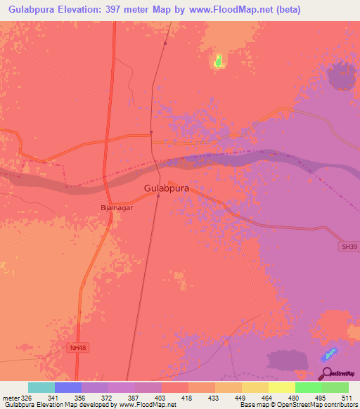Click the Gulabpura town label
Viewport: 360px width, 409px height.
click(x=167, y=188)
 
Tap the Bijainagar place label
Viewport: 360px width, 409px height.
click(x=117, y=208)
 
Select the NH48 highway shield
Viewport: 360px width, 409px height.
click(x=78, y=347)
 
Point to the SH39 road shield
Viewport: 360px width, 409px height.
click(x=347, y=247)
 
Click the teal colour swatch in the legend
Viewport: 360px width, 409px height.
click(x=41, y=387)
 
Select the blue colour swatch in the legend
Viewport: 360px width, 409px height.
click(x=68, y=387)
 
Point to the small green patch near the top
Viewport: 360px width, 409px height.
click(x=219, y=61)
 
